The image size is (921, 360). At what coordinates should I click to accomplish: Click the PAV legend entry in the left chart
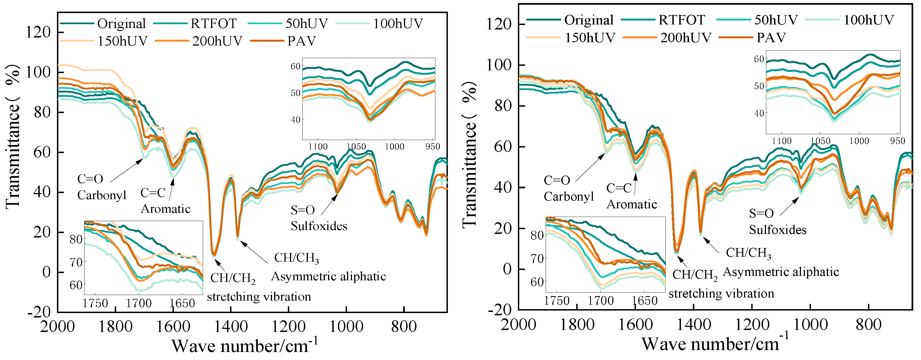click(301, 41)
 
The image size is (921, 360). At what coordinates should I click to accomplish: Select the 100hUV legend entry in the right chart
click(868, 20)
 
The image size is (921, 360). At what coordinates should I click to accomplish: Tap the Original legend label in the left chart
click(121, 24)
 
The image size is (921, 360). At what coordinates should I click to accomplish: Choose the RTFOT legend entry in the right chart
click(682, 20)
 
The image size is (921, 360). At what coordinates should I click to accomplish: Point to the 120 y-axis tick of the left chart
click(38, 32)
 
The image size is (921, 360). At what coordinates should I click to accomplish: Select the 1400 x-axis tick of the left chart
click(231, 326)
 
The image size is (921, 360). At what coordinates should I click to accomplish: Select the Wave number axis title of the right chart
click(714, 344)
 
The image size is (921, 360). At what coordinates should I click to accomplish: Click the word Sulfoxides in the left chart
click(319, 226)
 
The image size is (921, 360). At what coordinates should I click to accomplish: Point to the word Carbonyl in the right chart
click(568, 196)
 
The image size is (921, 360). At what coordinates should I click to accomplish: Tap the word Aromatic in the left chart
click(165, 209)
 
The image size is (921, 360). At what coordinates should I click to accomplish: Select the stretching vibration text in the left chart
click(259, 297)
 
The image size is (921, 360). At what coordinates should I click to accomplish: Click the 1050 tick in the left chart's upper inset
click(356, 147)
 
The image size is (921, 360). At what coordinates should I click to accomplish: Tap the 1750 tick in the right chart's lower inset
click(557, 301)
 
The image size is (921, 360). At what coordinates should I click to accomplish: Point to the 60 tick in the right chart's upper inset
click(759, 59)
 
